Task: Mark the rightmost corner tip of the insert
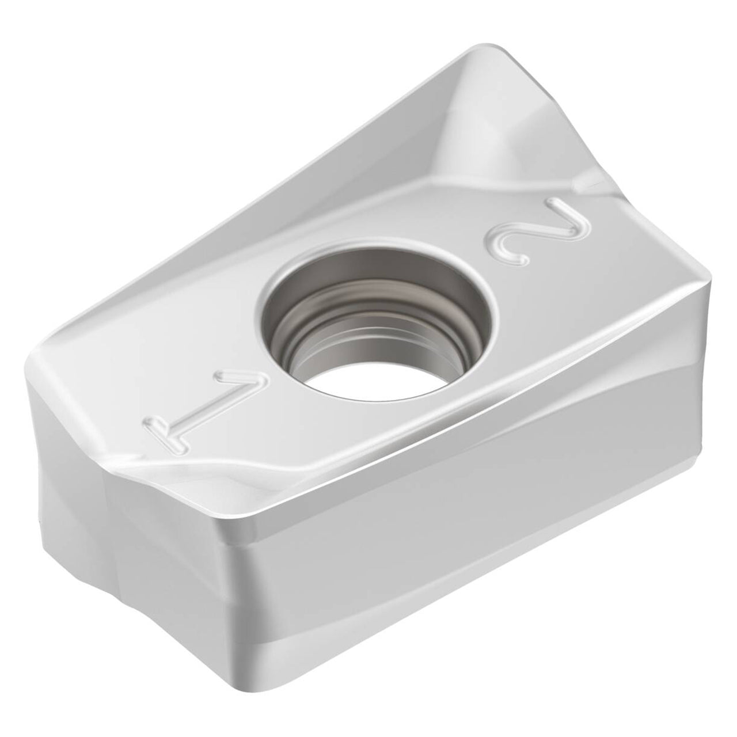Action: click(711, 283)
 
